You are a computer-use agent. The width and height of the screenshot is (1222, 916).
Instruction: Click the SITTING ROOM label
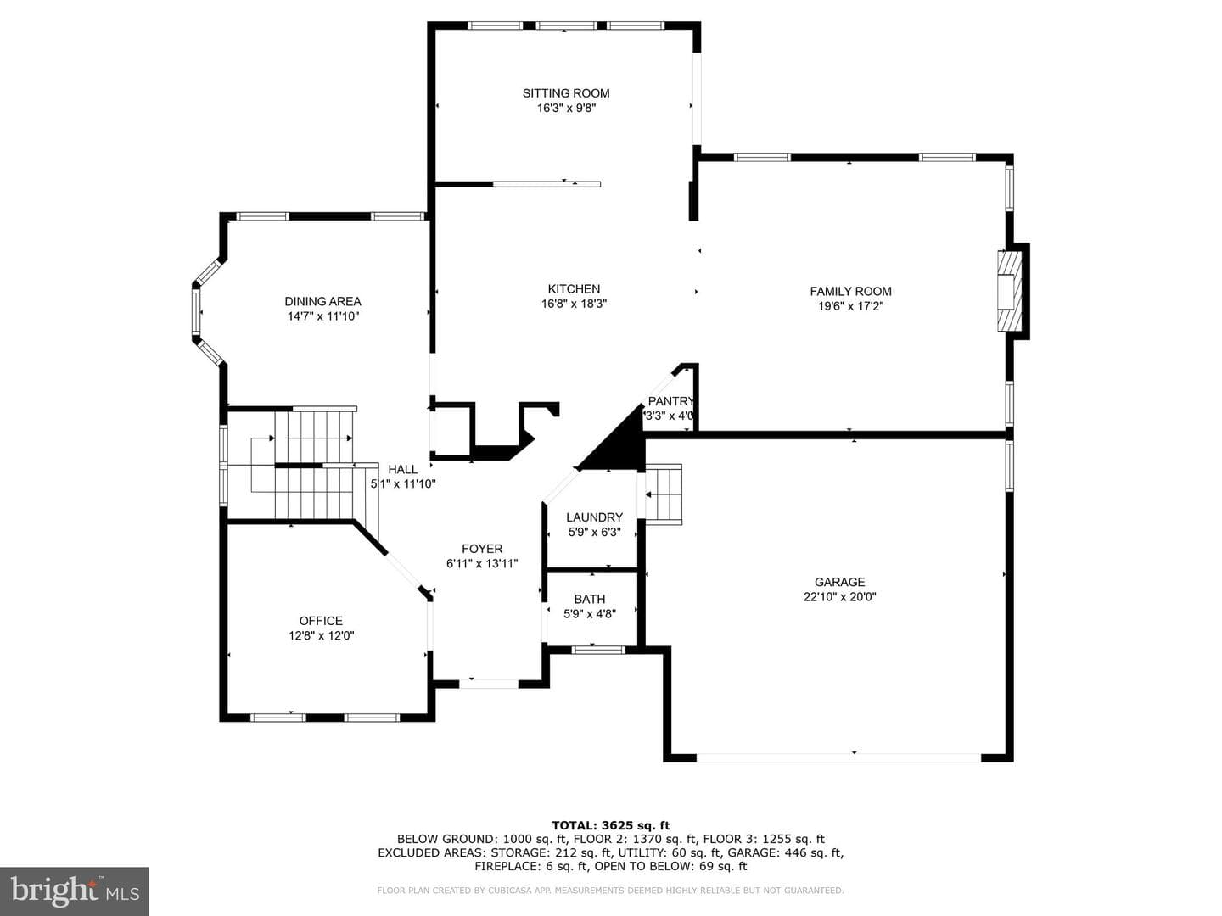coord(566,93)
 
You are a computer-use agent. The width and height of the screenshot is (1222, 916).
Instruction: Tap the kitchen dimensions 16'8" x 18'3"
coord(574,304)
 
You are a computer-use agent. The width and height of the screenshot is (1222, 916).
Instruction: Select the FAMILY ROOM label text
coord(850,292)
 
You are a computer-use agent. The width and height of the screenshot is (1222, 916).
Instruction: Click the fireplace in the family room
coord(1009,292)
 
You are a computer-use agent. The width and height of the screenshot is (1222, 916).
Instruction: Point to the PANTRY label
coord(671,401)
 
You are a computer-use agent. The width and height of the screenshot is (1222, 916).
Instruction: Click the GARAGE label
coord(839,583)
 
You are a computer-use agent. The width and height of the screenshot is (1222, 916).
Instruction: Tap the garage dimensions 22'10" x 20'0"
coord(839,597)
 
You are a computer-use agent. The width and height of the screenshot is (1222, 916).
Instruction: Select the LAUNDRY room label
coord(594,517)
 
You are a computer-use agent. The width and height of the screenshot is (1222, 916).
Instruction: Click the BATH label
coord(590,599)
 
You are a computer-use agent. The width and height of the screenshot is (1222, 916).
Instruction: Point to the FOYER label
coord(482,549)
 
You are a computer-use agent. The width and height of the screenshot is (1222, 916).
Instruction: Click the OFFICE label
coord(321,621)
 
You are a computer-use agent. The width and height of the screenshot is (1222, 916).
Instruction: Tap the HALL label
coord(402,469)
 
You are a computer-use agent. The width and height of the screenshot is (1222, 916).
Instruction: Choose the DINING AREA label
coord(323,301)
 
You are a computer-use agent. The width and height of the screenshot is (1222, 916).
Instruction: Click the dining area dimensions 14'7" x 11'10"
coord(323,316)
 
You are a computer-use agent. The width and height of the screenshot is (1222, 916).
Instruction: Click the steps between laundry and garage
coord(663,494)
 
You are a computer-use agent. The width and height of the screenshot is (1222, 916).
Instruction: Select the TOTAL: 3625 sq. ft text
coord(611,825)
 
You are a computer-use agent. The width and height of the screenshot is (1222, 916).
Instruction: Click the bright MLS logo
coord(75,891)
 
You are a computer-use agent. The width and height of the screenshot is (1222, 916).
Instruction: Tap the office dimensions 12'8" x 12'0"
coord(322,636)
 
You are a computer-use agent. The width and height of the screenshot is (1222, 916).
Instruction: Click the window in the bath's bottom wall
coord(598,649)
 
